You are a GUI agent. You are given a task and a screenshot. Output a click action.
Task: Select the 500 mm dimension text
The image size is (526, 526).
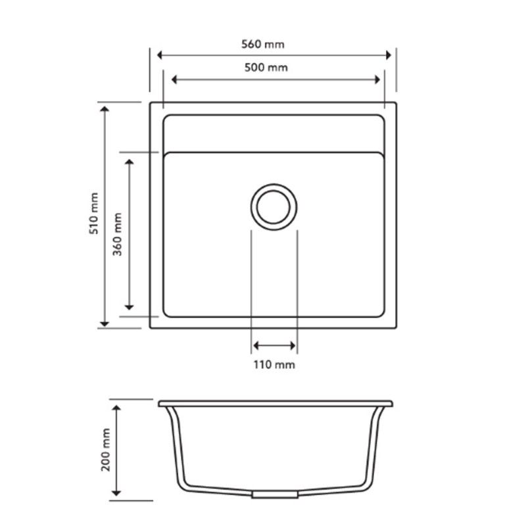click(x=272, y=68)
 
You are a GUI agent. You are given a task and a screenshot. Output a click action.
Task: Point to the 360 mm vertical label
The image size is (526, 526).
click(x=118, y=233)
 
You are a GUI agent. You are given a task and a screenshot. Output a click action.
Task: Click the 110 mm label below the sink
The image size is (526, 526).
click(x=274, y=364)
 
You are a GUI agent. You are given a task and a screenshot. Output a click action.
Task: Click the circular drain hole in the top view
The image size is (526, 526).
click(x=274, y=205)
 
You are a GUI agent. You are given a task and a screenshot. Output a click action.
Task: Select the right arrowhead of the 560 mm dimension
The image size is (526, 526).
click(x=388, y=56)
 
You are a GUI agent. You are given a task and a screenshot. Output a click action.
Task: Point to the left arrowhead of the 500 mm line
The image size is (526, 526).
click(x=175, y=80)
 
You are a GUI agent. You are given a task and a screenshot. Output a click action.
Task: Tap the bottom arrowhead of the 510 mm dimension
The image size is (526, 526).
click(x=104, y=322)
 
